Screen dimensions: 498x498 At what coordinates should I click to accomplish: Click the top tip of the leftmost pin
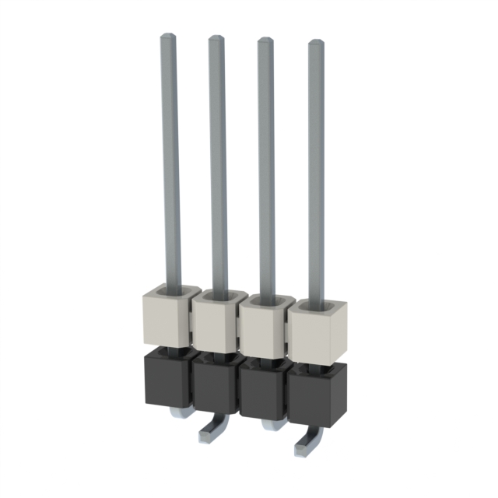click(x=168, y=36)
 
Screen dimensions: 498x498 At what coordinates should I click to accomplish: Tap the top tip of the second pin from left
click(x=216, y=38)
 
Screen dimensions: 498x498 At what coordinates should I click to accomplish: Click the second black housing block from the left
click(x=215, y=386)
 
